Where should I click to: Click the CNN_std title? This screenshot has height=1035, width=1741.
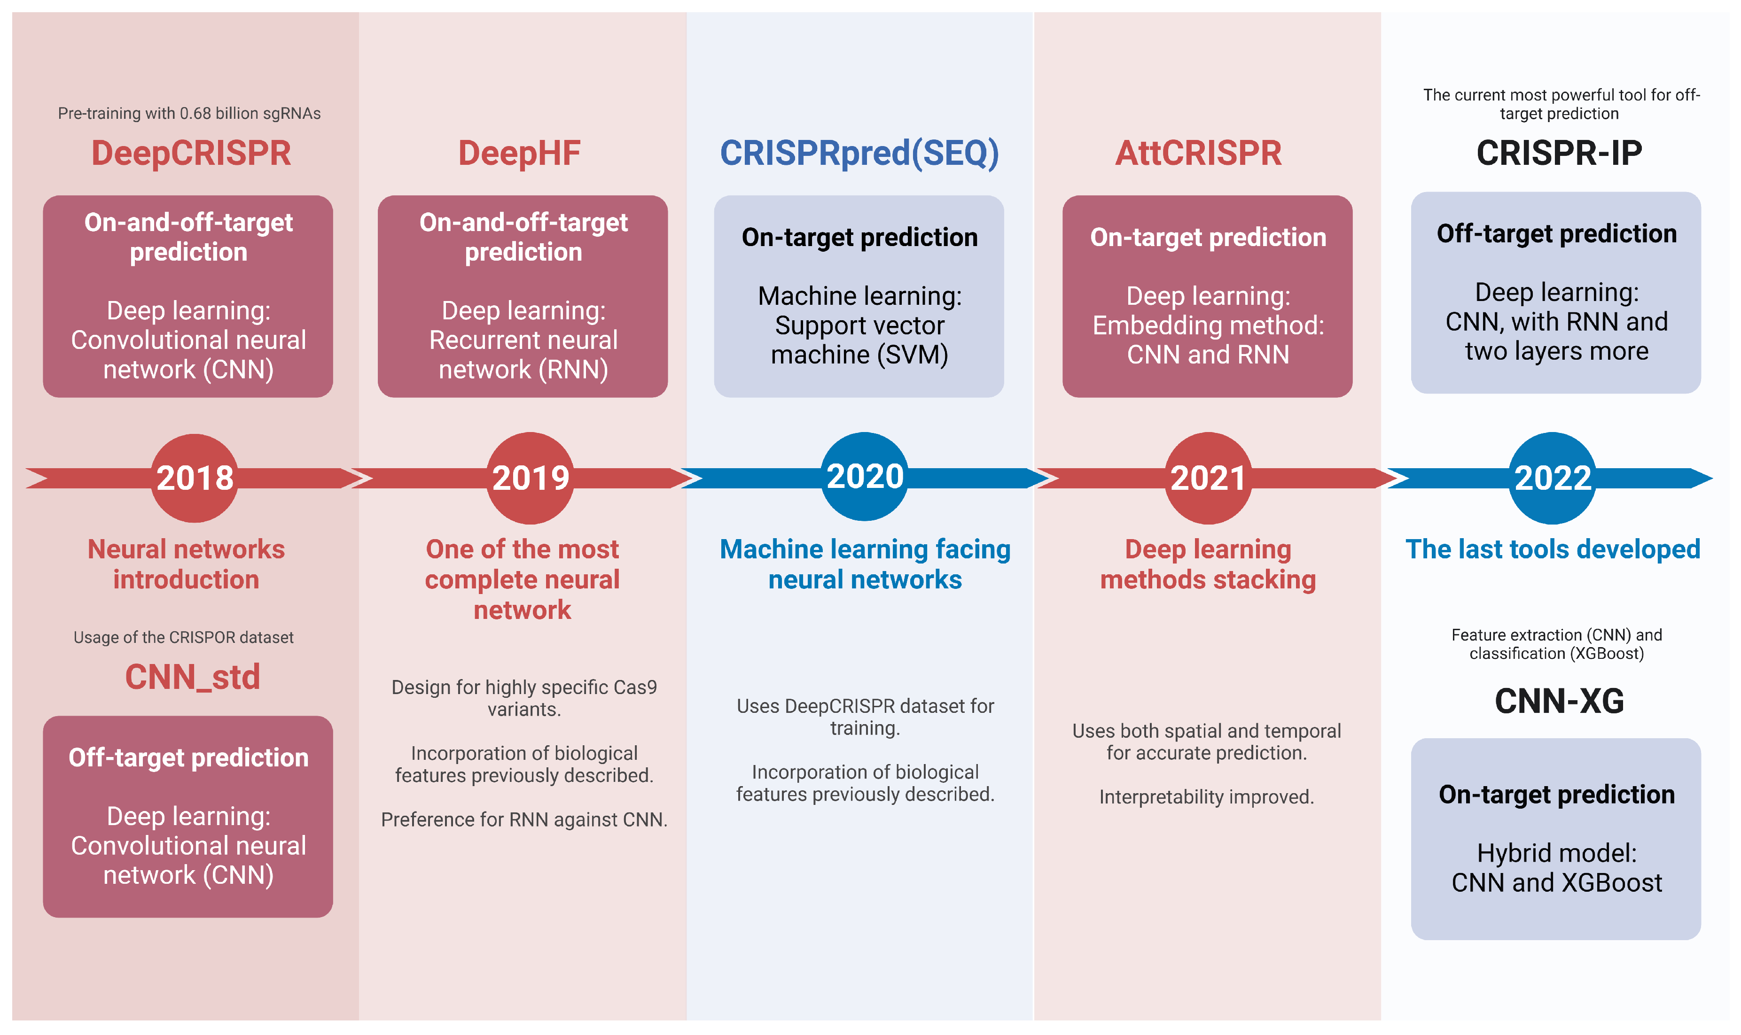[193, 677]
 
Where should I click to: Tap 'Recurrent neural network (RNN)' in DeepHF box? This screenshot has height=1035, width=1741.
[523, 354]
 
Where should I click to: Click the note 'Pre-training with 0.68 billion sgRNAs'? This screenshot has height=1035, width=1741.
[189, 113]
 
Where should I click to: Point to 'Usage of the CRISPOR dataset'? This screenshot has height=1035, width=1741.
[184, 637]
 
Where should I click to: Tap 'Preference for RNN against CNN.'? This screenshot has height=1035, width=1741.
[524, 819]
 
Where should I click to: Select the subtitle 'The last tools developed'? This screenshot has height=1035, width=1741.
[1552, 549]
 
